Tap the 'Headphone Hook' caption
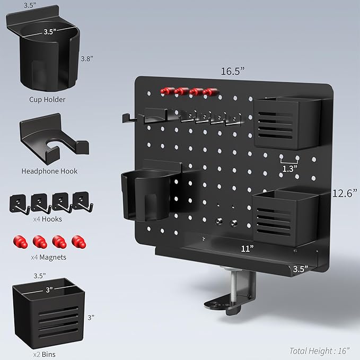pos(49,171)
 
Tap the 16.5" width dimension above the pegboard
pos(233,69)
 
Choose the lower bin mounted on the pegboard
pos(284,217)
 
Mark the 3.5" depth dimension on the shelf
pos(300,269)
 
